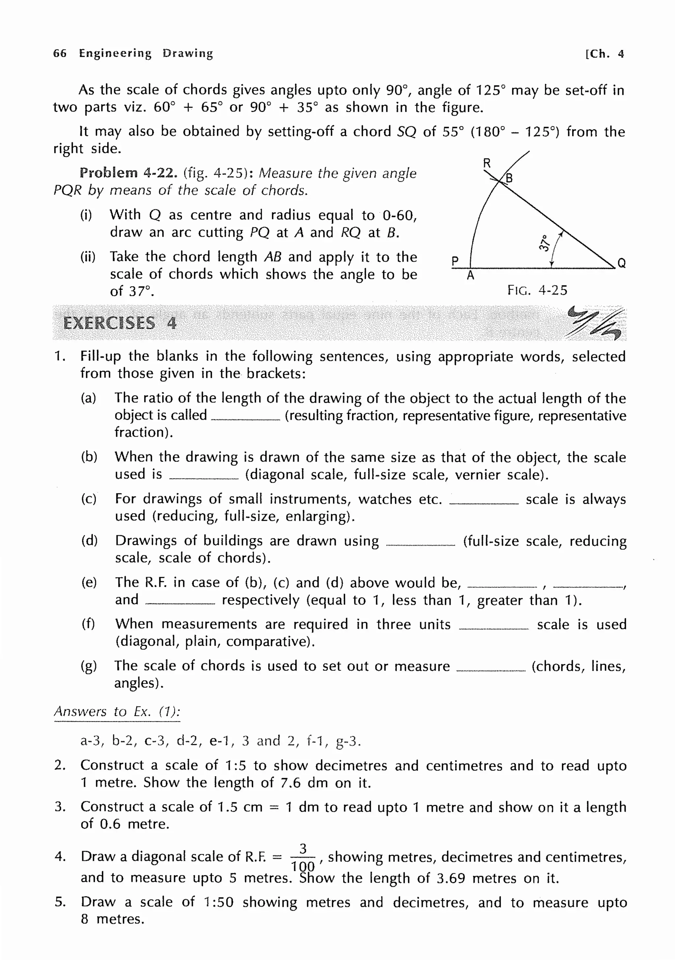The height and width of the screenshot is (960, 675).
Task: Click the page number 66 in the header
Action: (x=60, y=53)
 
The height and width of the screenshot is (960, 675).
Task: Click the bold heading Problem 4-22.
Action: (x=129, y=173)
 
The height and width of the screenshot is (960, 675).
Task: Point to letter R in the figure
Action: (x=486, y=163)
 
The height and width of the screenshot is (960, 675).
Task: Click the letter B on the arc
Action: (x=509, y=179)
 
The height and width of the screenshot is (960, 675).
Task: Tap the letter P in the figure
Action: (x=455, y=261)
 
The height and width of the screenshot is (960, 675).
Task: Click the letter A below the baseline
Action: (x=471, y=275)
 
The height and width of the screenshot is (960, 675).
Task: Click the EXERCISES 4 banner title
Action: (x=120, y=323)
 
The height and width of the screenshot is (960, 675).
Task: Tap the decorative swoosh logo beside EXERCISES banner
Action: (x=594, y=323)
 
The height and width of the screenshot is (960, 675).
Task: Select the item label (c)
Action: (x=89, y=499)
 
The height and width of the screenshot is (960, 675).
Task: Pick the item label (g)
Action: (x=89, y=666)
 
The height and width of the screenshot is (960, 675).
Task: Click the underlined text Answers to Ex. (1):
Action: (x=117, y=711)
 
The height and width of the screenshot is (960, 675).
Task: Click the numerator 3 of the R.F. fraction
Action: (x=303, y=849)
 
